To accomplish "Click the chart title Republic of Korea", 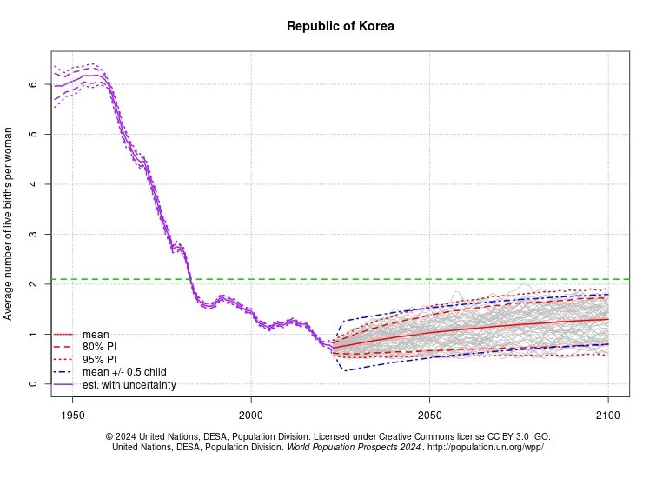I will click(340, 26).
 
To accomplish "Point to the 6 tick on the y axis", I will click(32, 84).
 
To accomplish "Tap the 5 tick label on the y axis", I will click(32, 135).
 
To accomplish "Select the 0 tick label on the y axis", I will click(32, 384).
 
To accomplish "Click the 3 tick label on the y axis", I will click(32, 235).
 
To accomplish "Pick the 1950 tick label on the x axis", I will click(72, 415).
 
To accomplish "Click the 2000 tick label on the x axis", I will click(251, 415).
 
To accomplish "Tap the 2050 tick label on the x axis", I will click(429, 415).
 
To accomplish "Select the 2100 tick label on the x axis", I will click(607, 415).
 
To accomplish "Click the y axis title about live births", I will click(9, 223).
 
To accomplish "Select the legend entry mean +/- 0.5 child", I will click(124, 372).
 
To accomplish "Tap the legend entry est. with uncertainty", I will click(129, 384).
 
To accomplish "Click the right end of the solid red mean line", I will click(607, 319).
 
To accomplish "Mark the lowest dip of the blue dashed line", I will click(346, 371).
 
